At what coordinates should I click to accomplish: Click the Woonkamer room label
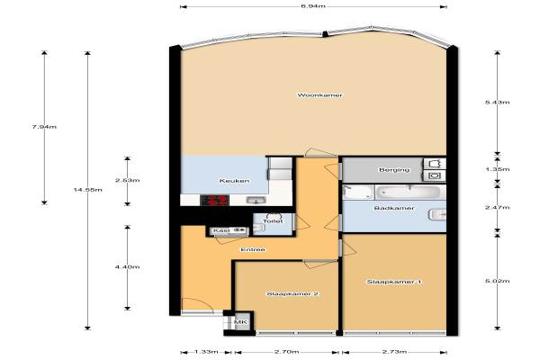pos(319,95)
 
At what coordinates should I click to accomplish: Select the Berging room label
pos(394,170)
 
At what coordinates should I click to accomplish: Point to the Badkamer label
pos(394,208)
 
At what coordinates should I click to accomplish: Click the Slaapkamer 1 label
pos(394,282)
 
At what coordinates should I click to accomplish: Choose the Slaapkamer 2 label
pos(292,294)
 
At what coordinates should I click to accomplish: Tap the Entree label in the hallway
pos(253,249)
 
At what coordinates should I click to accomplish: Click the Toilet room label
pos(273,221)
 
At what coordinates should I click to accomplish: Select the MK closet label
pos(240,322)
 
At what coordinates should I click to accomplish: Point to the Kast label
pos(221,230)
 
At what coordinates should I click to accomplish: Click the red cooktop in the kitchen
pos(214,200)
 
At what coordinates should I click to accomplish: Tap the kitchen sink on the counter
pos(256,200)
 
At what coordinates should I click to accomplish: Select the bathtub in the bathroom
pos(408,193)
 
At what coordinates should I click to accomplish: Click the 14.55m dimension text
pos(88,190)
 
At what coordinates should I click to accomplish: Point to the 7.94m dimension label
pos(44,127)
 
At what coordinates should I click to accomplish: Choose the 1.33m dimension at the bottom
pos(206,352)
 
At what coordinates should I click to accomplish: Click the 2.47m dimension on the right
pos(497,207)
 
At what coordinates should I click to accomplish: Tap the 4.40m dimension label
pos(128,267)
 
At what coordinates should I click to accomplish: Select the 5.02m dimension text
pos(497,281)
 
